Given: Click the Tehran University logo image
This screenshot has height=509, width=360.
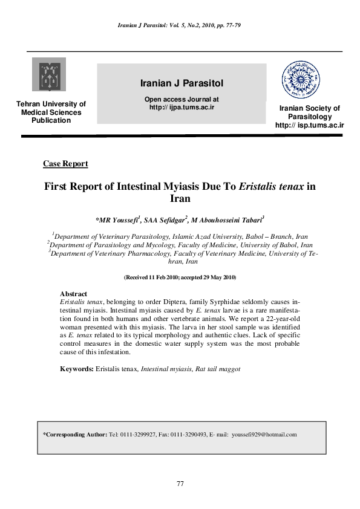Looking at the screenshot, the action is (50, 74).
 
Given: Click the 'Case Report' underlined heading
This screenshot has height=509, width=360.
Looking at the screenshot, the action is (66, 164).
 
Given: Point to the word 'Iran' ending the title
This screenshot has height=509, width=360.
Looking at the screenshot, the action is (180, 198).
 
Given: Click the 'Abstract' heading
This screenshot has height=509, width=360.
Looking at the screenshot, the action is (73, 294).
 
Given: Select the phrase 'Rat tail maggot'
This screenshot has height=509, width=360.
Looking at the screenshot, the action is (218, 368).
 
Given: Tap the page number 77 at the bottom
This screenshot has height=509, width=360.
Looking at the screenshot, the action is (180, 484).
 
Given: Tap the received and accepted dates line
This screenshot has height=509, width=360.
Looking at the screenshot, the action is (180, 277).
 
